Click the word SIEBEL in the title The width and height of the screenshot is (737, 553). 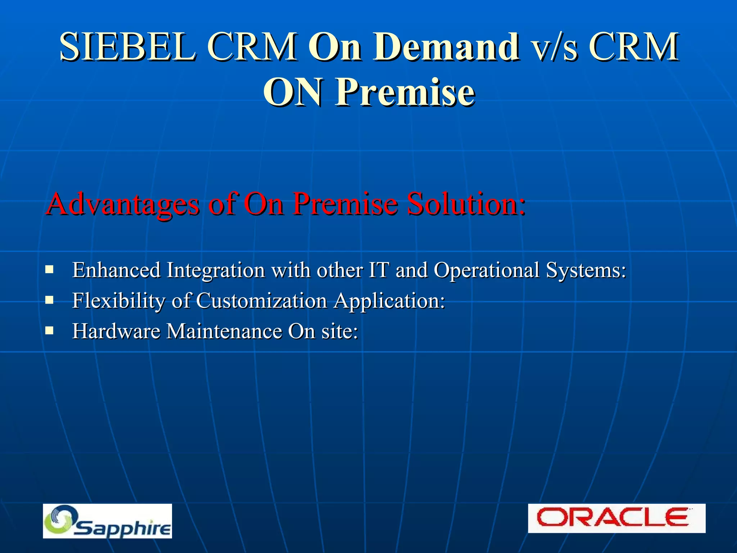[128, 47]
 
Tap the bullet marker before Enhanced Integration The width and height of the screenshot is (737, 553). [50, 269]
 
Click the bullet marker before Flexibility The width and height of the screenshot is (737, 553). [50, 300]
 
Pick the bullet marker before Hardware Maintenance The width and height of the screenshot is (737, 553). [50, 331]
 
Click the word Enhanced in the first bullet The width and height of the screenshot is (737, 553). [116, 270]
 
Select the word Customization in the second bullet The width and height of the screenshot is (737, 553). [261, 301]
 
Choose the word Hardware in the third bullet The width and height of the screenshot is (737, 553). [116, 331]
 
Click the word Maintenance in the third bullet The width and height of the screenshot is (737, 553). [224, 331]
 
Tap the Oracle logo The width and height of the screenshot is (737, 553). [616, 518]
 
